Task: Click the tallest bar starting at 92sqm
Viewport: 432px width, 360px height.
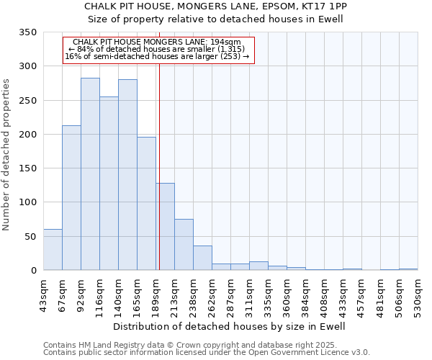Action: (x=90, y=174)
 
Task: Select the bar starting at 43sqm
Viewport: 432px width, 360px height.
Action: (x=53, y=250)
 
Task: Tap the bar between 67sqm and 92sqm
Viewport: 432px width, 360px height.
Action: (x=71, y=198)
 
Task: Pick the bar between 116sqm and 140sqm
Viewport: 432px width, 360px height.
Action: (x=109, y=184)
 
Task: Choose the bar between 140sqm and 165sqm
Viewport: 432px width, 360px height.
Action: (x=127, y=175)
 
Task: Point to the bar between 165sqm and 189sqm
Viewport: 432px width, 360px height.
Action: (x=146, y=204)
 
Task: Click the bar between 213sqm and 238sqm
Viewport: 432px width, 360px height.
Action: (x=184, y=245)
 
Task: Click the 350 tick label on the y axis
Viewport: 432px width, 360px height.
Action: (x=28, y=32)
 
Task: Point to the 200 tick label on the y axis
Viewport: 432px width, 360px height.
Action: (x=28, y=135)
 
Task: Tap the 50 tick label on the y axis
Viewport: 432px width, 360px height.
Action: (x=30, y=237)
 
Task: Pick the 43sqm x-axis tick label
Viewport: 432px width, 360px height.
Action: (x=44, y=295)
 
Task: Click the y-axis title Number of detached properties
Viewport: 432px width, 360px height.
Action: (x=6, y=155)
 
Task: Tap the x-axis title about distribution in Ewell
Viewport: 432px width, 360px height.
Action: (x=230, y=326)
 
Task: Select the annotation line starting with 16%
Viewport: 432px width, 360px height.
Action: (x=157, y=56)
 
